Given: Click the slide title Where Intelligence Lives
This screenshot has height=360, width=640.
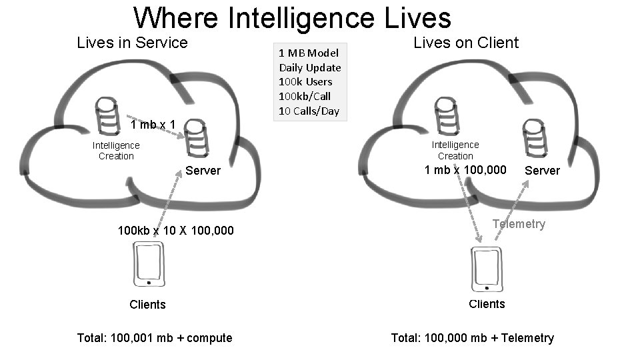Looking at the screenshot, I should point(292,18).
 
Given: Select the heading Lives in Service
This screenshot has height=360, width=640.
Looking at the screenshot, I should point(133,43).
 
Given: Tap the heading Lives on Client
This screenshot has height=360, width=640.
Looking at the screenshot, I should point(466,43).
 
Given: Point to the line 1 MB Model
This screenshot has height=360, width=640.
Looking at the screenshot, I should point(308,53).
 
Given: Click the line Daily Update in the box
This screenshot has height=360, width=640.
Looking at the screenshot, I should point(309,67).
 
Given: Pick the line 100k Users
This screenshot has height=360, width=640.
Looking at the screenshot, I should point(305,82).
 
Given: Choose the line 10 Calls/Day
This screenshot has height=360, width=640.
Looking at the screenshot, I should point(308,111).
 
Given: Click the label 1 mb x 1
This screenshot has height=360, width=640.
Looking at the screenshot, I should point(153,125).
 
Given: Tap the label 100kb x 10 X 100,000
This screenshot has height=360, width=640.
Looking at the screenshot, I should point(175,231).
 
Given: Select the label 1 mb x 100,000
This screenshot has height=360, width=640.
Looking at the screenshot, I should point(465,170).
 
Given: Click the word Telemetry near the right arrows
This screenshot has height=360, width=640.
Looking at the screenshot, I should point(519,224).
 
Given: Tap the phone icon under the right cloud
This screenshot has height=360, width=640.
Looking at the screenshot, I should point(486,269).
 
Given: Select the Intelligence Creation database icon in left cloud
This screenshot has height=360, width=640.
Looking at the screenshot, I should point(107,116).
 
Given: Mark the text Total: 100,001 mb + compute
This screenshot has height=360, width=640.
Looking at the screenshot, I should point(155,338).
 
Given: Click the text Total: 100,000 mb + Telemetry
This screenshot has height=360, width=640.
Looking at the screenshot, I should point(472,338).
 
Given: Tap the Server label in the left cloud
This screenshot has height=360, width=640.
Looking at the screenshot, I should point(203,171).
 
